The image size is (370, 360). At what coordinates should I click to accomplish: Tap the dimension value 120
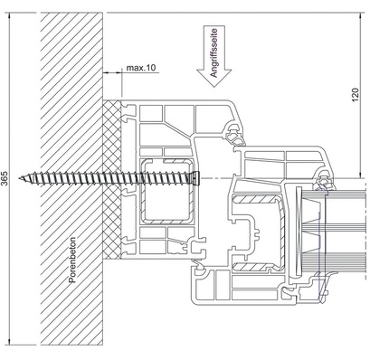tap(356, 95)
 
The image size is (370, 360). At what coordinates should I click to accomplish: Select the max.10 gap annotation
tap(141, 68)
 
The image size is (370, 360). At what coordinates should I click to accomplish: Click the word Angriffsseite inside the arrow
tap(214, 52)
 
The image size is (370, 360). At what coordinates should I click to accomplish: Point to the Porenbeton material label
tap(72, 260)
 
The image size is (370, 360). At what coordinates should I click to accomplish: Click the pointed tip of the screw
tap(19, 178)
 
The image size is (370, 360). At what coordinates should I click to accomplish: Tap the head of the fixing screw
tap(196, 177)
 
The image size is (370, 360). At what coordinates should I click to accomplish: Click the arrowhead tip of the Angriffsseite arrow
tap(214, 87)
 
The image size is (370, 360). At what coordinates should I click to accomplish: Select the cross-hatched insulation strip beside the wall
tap(112, 179)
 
